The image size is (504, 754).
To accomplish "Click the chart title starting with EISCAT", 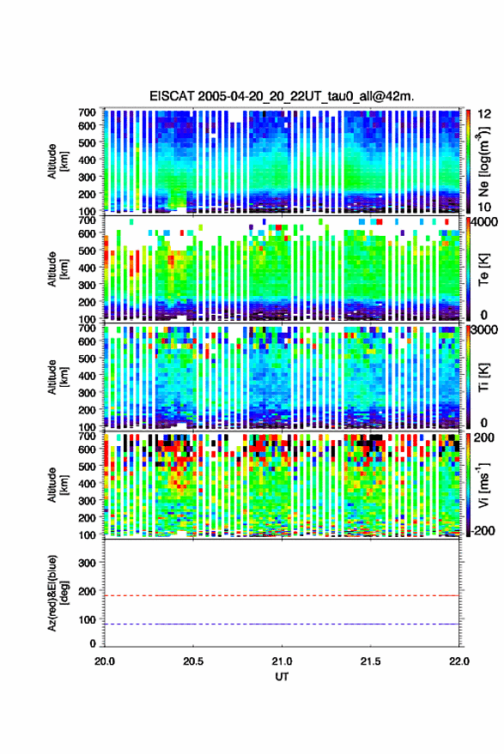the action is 282,96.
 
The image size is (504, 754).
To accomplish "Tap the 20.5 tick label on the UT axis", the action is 193,661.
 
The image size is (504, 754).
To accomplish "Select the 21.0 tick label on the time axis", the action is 282,661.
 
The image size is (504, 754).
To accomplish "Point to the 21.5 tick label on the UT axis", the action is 370,661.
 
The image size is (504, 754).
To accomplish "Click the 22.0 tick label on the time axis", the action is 458,661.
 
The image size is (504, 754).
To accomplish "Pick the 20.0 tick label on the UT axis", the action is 105,661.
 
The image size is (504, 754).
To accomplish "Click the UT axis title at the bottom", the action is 282,677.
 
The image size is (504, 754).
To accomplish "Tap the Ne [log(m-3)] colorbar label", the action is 483,161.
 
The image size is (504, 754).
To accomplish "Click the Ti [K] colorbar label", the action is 483,377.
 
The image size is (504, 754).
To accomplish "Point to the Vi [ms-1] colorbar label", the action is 483,485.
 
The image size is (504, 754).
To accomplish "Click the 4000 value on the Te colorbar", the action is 485,223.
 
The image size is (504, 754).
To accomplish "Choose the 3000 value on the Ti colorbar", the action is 485,330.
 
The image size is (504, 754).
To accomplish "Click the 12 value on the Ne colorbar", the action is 485,114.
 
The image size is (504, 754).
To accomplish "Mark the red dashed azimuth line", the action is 282,595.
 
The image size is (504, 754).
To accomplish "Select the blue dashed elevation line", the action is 282,624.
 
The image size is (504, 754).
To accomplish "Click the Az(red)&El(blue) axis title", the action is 58,594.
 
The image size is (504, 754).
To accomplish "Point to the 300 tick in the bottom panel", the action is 87,563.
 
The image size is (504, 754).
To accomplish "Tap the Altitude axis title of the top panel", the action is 58,161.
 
